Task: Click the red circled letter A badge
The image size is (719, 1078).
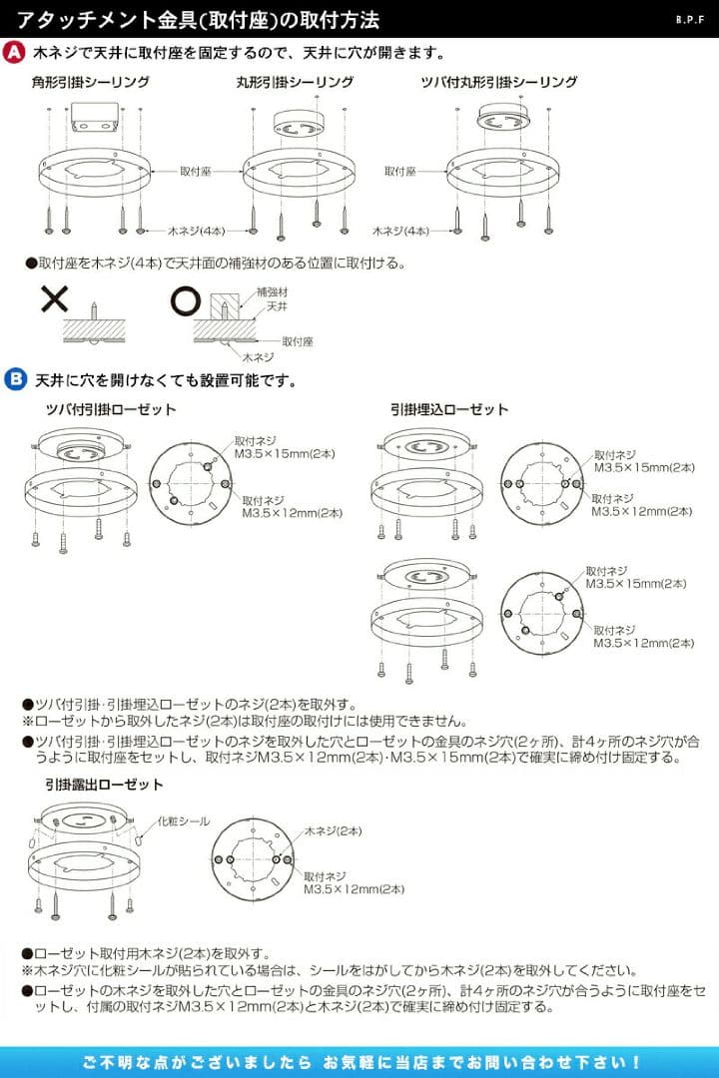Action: (15, 52)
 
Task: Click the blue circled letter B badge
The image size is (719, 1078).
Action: (15, 379)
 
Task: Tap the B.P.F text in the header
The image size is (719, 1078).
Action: (691, 19)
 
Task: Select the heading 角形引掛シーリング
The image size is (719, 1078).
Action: (90, 82)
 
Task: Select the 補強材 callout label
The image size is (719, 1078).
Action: (272, 292)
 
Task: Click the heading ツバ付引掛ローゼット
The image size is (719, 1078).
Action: (111, 409)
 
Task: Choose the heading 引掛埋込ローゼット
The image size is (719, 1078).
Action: (449, 409)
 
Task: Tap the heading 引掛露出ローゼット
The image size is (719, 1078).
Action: (104, 785)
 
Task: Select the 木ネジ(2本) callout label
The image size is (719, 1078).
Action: (333, 829)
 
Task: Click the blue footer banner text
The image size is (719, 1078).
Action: (359, 1061)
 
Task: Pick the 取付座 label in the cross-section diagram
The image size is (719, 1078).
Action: (298, 340)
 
